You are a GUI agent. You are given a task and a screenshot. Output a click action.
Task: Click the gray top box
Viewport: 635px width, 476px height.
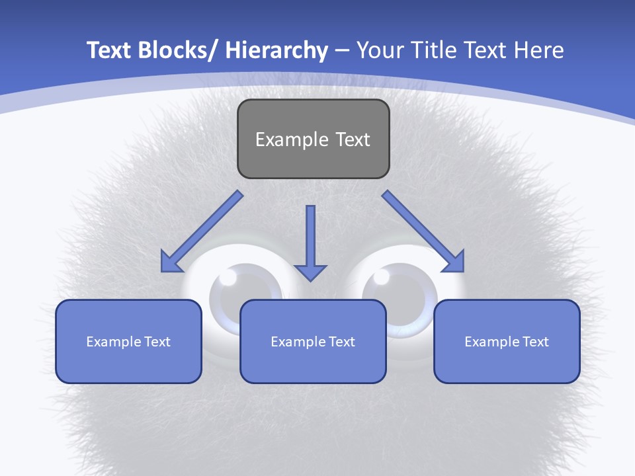click(313, 139)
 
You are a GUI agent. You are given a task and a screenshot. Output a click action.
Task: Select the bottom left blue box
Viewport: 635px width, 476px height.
click(128, 341)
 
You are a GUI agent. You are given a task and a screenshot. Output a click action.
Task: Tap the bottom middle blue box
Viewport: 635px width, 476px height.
click(313, 341)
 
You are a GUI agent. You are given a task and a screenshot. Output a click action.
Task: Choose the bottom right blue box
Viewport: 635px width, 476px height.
click(507, 341)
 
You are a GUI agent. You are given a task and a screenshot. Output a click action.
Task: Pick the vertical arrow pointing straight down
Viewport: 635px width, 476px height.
click(310, 241)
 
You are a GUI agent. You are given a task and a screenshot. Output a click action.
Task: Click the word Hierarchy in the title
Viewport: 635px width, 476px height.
click(276, 50)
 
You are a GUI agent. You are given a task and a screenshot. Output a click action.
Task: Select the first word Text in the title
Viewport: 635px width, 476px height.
click(109, 50)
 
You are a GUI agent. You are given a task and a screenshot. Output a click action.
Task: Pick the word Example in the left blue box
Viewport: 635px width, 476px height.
click(114, 342)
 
